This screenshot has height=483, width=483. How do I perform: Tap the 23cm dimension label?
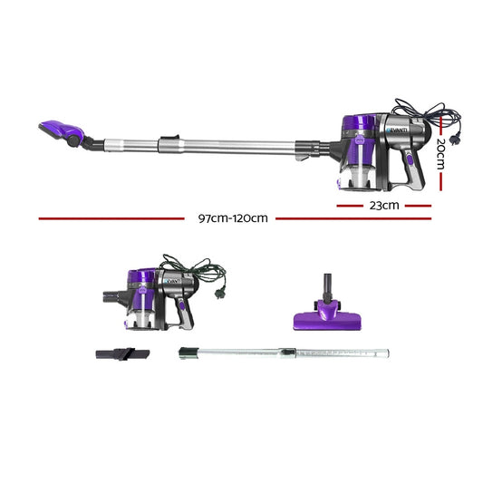(383, 205)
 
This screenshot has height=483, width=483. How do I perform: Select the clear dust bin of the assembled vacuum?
(357, 171)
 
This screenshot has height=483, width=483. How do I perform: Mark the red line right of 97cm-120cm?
(353, 218)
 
